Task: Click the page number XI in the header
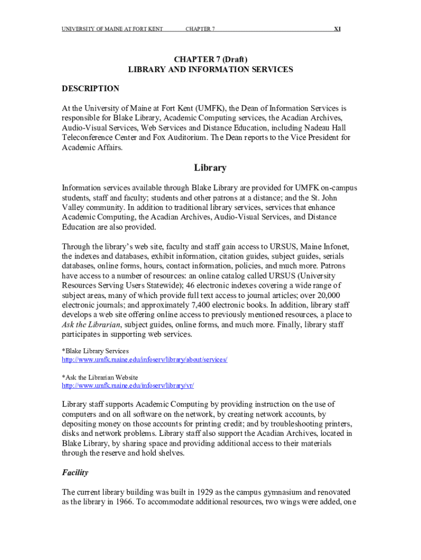point(337,29)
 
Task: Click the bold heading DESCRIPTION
point(90,89)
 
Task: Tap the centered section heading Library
point(210,168)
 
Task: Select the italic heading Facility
point(75,472)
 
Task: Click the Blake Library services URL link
point(144,359)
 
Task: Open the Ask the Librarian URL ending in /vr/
point(128,386)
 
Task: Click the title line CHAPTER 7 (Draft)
point(210,59)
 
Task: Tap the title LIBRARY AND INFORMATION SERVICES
point(210,69)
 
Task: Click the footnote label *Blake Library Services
point(95,351)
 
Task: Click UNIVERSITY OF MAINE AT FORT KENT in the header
point(112,29)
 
